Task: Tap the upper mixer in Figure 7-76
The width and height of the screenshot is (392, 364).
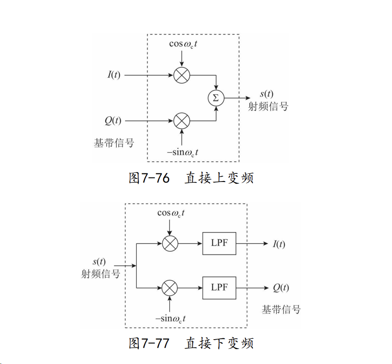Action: point(182,75)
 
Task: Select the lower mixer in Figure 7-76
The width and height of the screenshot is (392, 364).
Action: point(182,121)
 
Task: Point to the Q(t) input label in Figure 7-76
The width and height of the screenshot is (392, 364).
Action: point(113,121)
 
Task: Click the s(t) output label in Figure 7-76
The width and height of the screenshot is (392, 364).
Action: point(266,94)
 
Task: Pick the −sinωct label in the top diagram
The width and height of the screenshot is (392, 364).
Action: point(182,152)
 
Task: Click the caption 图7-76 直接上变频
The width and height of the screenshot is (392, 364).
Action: point(191,178)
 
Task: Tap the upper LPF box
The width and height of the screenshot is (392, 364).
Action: point(219,243)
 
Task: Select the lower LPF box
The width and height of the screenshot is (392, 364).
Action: point(219,287)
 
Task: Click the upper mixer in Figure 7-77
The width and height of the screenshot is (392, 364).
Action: point(170,243)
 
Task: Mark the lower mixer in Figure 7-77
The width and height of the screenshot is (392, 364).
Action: point(170,287)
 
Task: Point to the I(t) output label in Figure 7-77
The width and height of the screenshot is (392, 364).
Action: point(279,244)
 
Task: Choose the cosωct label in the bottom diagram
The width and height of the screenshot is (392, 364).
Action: point(171,213)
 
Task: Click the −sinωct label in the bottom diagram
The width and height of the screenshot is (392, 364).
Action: point(171,318)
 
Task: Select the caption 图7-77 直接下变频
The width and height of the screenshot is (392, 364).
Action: point(191,343)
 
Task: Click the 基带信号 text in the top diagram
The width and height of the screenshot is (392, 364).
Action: point(114,143)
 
